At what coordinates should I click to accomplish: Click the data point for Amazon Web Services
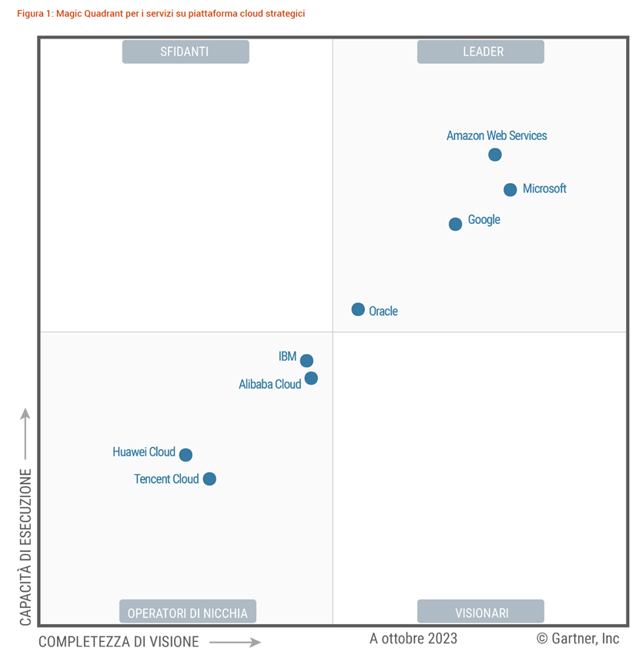pyautogui.click(x=495, y=155)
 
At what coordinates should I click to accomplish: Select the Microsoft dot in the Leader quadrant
pyautogui.click(x=510, y=189)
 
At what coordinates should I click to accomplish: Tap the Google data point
pyautogui.click(x=455, y=224)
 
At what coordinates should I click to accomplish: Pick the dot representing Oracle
pyautogui.click(x=358, y=309)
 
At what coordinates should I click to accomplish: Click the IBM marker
pyautogui.click(x=306, y=361)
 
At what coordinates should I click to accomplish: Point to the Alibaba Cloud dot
pyautogui.click(x=311, y=379)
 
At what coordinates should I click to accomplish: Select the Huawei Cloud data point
pyautogui.click(x=186, y=455)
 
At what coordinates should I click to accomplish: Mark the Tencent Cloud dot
pyautogui.click(x=209, y=479)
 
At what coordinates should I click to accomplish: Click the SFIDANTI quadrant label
pyautogui.click(x=185, y=52)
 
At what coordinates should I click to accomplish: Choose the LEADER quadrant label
pyautogui.click(x=481, y=52)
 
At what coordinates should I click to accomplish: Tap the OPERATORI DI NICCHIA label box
pyautogui.click(x=187, y=613)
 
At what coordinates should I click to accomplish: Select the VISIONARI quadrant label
pyautogui.click(x=481, y=613)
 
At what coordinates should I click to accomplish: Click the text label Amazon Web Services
pyautogui.click(x=497, y=135)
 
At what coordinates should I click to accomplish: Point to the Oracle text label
pyautogui.click(x=383, y=312)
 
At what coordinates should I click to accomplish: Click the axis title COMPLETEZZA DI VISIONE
pyautogui.click(x=119, y=642)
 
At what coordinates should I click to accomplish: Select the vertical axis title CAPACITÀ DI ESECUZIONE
pyautogui.click(x=25, y=546)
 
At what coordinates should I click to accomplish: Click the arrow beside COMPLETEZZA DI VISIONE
pyautogui.click(x=235, y=642)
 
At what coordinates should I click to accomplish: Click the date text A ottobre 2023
pyautogui.click(x=413, y=639)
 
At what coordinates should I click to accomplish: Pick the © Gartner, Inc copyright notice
pyautogui.click(x=577, y=639)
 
